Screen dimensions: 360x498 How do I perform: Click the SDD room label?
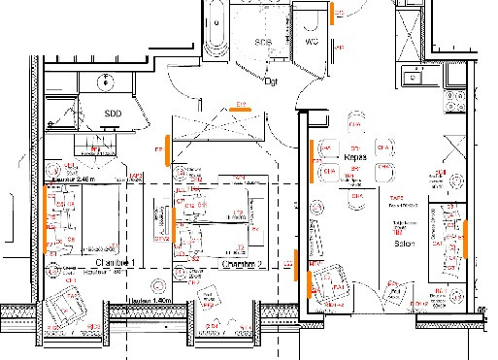tap(114, 114)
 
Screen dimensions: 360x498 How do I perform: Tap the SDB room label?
tap(262, 43)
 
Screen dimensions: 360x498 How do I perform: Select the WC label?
tap(312, 43)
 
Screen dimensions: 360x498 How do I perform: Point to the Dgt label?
tap(272, 82)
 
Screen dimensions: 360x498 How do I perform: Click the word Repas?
tap(355, 156)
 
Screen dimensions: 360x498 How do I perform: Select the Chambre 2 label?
tap(243, 263)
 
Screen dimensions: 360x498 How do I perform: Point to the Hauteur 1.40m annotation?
tap(150, 302)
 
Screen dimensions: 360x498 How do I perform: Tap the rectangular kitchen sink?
tap(409, 76)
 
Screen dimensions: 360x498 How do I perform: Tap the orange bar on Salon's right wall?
tap(467, 241)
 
